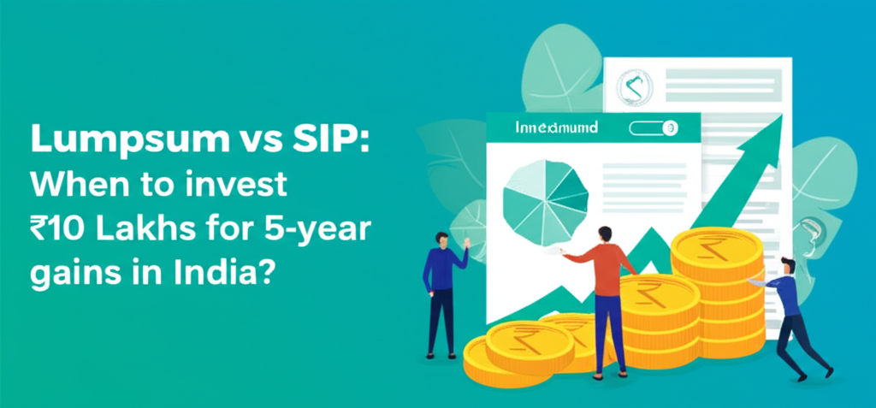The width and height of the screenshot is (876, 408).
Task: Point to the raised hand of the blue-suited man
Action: point(467,243)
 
